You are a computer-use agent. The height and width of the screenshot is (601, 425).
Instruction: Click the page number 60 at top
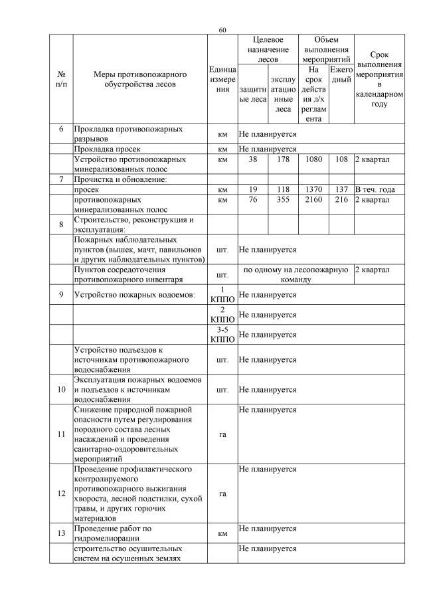[x=222, y=30]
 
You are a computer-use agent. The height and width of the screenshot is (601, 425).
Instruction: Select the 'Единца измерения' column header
[x=222, y=79]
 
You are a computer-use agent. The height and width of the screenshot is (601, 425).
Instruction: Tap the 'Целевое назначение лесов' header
[x=268, y=50]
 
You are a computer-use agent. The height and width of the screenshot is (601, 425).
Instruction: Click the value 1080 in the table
[x=314, y=160]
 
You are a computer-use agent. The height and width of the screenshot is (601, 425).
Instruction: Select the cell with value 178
[x=284, y=160]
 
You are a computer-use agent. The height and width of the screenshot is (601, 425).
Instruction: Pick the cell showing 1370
[x=314, y=189]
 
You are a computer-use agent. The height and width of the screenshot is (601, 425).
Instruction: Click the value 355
[x=284, y=199]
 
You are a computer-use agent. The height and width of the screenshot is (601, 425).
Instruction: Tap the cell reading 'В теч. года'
[x=375, y=189]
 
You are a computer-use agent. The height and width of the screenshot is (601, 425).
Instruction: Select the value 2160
[x=314, y=199]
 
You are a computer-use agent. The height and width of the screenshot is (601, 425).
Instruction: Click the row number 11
[x=61, y=435]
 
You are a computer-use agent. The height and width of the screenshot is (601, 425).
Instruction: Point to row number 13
[x=61, y=533]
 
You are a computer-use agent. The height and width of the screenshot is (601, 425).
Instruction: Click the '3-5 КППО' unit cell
[x=222, y=335]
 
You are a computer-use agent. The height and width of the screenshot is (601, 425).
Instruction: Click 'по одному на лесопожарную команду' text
[x=296, y=275]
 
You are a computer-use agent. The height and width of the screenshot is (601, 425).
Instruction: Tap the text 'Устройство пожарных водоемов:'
[x=133, y=295]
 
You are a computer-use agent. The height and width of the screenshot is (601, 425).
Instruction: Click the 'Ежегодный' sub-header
[x=341, y=74]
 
